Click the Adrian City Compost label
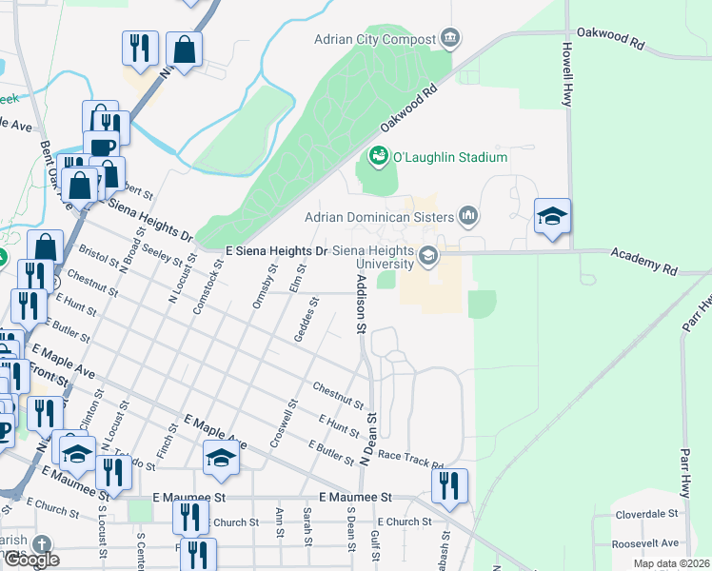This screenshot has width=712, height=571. pos(375,40)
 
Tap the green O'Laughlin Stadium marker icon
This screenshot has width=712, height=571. pos(378,155)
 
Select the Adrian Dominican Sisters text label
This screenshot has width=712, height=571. pos(380,217)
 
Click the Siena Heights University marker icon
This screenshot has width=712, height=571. pos(428,254)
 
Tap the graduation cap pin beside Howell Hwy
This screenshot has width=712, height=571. pos(552,216)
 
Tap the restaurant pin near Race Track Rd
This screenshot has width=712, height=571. pos(449,484)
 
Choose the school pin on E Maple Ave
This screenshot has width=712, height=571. pos(221,458)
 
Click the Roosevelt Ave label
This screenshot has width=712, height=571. pos(646,543)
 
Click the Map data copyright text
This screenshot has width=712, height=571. pos(671,563)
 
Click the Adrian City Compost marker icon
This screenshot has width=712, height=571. pos(450,39)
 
